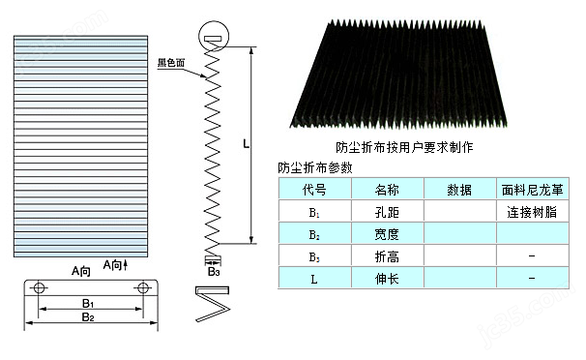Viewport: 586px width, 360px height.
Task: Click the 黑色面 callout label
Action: click(173, 61)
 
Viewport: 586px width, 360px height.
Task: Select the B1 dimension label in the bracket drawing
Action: click(88, 304)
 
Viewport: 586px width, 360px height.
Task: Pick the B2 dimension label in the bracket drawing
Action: click(88, 316)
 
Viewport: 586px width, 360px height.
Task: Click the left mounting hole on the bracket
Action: click(38, 288)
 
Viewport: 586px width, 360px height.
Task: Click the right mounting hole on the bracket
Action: click(143, 288)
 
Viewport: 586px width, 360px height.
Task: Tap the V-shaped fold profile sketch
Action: click(213, 309)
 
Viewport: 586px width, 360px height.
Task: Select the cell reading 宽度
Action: click(387, 233)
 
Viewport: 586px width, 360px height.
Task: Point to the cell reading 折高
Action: click(387, 255)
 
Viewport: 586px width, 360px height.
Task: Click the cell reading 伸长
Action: click(387, 278)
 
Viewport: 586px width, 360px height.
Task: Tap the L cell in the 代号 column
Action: click(314, 278)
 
